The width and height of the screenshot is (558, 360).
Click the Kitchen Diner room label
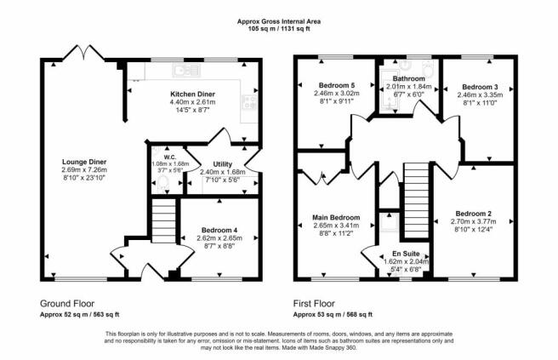tap(192, 94)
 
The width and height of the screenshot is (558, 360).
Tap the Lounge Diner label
tap(84, 162)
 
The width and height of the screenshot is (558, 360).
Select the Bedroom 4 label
tap(219, 231)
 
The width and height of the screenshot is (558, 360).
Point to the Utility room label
tap(222, 164)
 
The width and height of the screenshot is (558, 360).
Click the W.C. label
tap(170, 157)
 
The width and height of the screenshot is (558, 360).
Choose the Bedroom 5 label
tap(337, 85)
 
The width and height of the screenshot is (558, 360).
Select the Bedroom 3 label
tap(480, 87)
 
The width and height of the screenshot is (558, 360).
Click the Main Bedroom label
tap(336, 218)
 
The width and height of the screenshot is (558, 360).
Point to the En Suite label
tap(406, 254)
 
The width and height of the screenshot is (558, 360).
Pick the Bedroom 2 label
tap(473, 214)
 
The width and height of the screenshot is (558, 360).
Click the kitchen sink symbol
tap(186, 70)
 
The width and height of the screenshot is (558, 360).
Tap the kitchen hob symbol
tap(249, 102)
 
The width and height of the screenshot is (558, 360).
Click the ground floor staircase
tap(163, 220)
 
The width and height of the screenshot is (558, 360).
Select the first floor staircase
tap(417, 201)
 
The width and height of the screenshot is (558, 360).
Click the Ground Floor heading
tap(67, 304)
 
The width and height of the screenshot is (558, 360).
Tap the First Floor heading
tap(314, 304)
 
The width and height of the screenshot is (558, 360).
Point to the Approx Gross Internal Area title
tap(279, 22)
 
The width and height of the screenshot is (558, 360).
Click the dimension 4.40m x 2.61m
tap(192, 102)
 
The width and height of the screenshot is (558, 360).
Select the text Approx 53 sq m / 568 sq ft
tap(333, 315)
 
